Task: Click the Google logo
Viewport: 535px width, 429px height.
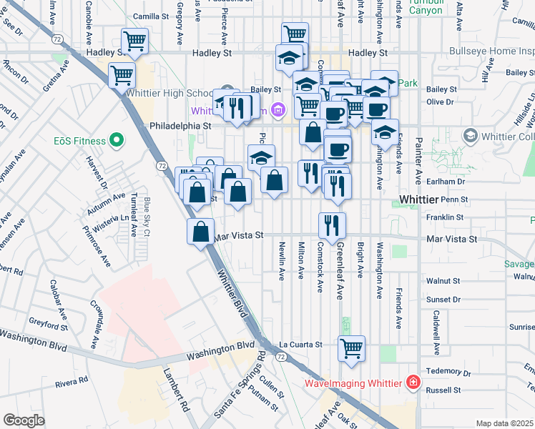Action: click(x=24, y=420)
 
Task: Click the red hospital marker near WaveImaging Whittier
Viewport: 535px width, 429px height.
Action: click(x=412, y=383)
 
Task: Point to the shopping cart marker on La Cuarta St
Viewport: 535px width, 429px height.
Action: click(x=351, y=348)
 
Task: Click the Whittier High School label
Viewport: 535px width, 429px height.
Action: click(x=165, y=94)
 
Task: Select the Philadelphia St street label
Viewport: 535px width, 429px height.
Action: click(x=182, y=125)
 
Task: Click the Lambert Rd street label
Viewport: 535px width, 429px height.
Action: click(x=175, y=394)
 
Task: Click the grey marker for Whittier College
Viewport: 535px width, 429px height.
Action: click(x=470, y=135)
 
